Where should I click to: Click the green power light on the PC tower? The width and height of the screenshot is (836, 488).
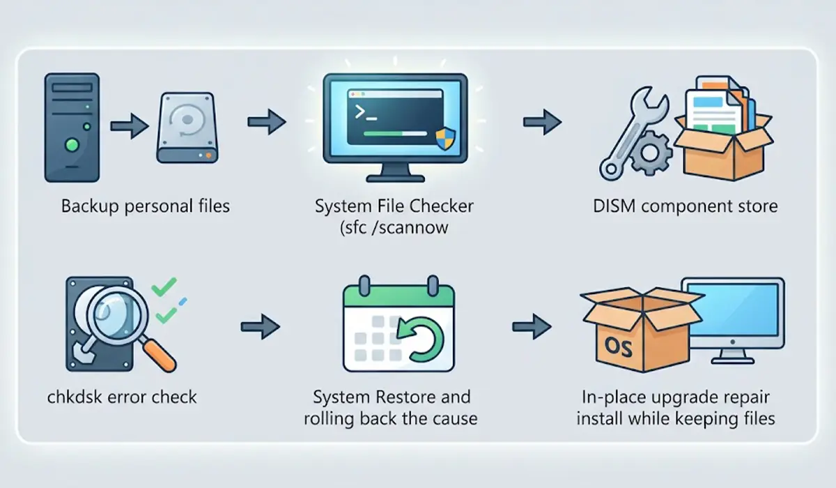[x=72, y=144]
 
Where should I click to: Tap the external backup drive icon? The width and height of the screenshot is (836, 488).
[x=187, y=128]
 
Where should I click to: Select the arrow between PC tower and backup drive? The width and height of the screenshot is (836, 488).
[x=130, y=126]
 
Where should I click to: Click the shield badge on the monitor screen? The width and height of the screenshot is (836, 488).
[x=445, y=139]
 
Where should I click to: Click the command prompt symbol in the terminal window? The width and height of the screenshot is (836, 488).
[x=366, y=113]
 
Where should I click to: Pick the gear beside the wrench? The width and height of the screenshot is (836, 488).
[x=651, y=153]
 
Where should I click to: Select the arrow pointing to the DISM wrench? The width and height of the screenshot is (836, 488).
[x=542, y=122]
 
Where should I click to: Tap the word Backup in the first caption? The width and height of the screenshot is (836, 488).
[x=90, y=206]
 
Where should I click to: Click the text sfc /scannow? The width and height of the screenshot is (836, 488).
[x=394, y=227]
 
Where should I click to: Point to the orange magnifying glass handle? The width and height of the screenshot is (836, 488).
[x=160, y=356]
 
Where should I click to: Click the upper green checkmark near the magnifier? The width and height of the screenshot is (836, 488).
[x=164, y=287]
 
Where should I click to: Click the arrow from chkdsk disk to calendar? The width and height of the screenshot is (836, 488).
[x=260, y=327]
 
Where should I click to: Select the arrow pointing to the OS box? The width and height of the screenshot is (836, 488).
[x=532, y=327]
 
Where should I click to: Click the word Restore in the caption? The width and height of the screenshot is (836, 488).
[x=410, y=397]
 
